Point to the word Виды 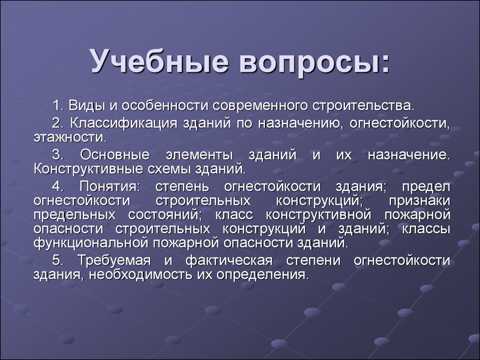[86, 105]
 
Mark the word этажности [70, 137]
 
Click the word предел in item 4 [426, 187]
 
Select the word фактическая [229, 261]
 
